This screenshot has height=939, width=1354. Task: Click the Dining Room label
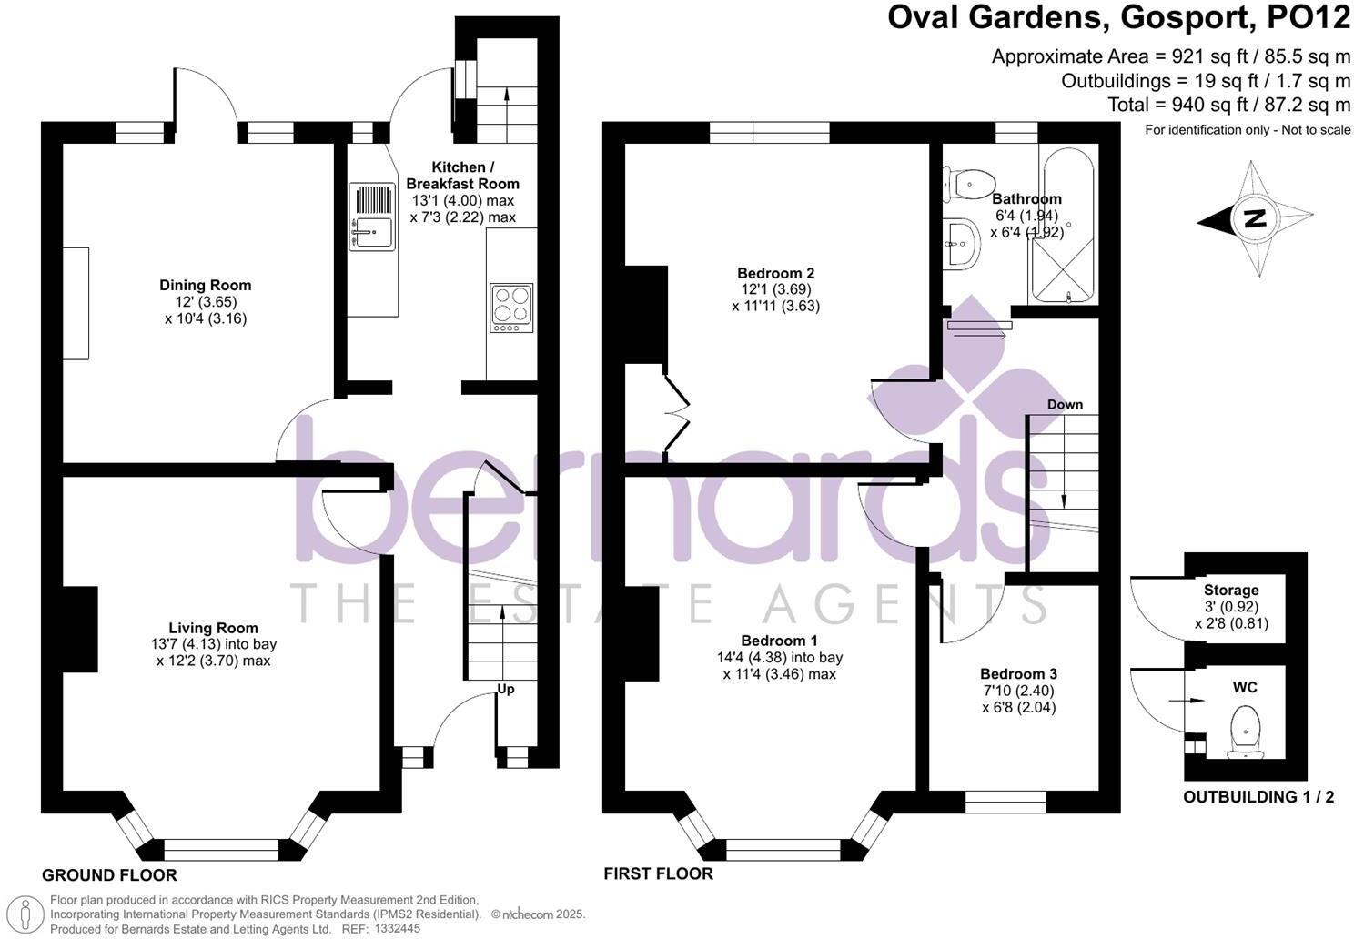point(205,285)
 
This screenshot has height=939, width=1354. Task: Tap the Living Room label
point(213,628)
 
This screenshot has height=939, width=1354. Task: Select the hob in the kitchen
point(510,308)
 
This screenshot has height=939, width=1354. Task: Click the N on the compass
point(1254,218)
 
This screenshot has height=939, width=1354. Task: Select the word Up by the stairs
point(506,689)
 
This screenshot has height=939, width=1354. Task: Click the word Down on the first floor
point(1065,404)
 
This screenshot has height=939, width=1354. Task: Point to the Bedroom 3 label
point(1018,674)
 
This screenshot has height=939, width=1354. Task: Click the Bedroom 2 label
point(775,273)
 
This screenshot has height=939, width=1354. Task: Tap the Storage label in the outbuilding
point(1231,591)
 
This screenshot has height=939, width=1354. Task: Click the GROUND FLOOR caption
point(109,875)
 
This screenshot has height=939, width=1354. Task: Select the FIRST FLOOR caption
point(658,873)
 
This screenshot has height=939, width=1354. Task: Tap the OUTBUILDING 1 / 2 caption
point(1258,797)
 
